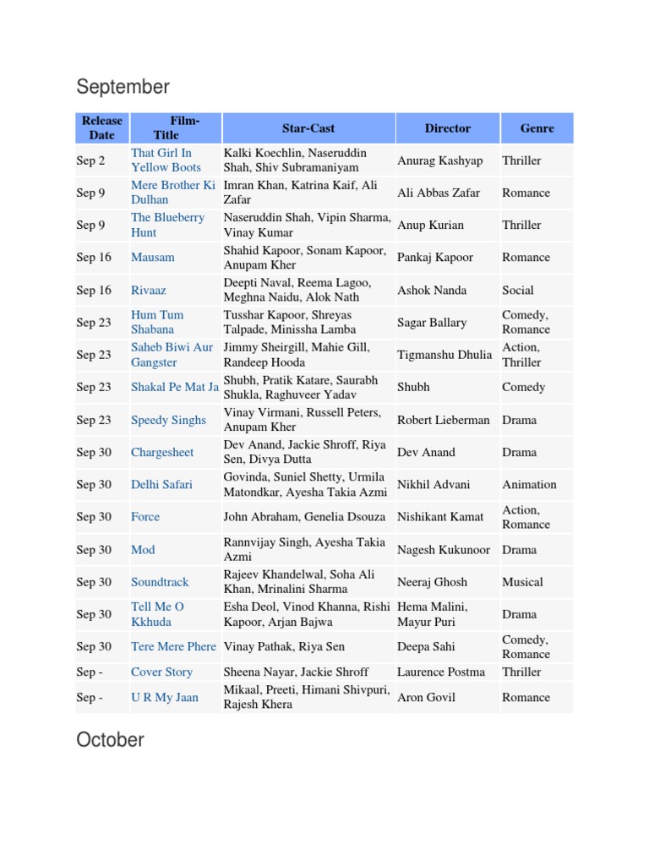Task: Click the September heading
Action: pos(123,87)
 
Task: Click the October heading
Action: pos(110,740)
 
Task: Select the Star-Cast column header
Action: pos(308,128)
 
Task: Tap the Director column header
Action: pos(447,128)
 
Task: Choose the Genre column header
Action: pos(537,128)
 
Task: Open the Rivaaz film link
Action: pos(149,291)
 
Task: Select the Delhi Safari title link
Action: pos(161,485)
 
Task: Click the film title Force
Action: pos(145,517)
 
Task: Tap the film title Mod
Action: pos(143,550)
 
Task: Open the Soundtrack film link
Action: pos(160,582)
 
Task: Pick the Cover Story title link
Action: pos(161,672)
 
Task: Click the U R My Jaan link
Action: pos(164,698)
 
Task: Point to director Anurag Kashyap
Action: pos(440,160)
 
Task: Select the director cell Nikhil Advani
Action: pos(434,485)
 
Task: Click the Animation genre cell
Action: pos(529,485)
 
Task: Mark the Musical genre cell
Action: pos(522,582)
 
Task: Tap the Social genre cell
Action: pos(518,291)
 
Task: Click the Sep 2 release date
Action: pos(91,160)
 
